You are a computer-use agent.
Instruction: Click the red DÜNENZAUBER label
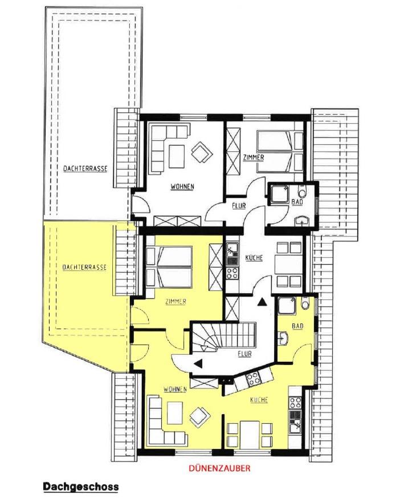(219, 468)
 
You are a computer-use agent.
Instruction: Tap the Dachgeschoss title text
(81, 487)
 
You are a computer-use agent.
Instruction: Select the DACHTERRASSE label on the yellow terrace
(84, 268)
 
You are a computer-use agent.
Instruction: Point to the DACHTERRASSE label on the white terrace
(85, 169)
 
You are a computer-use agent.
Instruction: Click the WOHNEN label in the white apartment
(182, 187)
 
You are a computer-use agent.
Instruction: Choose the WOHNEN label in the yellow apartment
(175, 390)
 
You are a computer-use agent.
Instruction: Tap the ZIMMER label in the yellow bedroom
(176, 302)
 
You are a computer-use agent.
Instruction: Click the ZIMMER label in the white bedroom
(254, 157)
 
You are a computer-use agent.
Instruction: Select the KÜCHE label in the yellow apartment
(259, 400)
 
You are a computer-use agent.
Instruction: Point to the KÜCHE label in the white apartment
(254, 258)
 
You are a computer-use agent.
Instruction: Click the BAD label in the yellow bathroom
(297, 326)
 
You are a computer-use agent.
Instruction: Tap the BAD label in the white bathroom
(297, 202)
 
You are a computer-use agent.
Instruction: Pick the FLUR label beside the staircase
(244, 354)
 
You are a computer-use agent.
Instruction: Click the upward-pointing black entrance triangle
(262, 302)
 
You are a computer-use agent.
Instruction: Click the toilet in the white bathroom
(303, 192)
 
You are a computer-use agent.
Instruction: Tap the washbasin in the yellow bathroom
(283, 338)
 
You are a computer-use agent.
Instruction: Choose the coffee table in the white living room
(177, 156)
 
